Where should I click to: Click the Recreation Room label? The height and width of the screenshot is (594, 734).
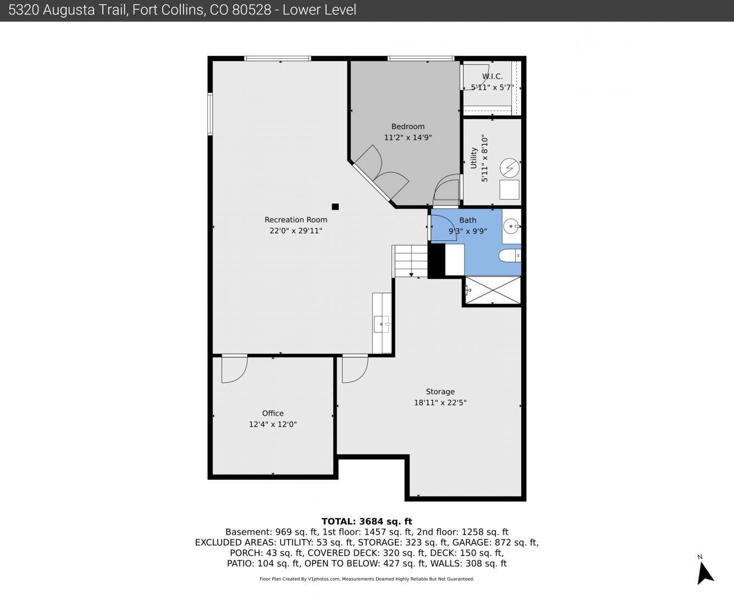(x=296, y=219)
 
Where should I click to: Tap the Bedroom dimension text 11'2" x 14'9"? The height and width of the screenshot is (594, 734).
(x=407, y=137)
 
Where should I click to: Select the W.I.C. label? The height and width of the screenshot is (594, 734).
(x=492, y=76)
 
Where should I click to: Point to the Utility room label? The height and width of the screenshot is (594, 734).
(x=473, y=158)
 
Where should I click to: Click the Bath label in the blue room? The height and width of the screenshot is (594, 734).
(x=468, y=220)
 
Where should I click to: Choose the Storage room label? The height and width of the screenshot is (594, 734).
(x=440, y=391)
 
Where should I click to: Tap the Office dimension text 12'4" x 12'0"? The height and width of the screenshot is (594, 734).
(x=273, y=424)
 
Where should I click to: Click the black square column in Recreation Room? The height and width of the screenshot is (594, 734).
(x=335, y=206)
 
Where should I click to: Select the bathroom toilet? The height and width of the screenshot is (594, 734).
(x=510, y=255)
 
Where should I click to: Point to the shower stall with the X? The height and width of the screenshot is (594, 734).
(x=493, y=290)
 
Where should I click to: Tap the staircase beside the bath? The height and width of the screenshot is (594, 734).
(x=410, y=261)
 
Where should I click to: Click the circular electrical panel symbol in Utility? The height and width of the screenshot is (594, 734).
(x=510, y=168)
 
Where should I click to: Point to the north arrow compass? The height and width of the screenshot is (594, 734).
(x=704, y=573)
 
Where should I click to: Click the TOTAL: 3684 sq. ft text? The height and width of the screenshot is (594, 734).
(x=367, y=521)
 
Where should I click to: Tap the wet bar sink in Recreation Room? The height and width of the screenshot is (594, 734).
(x=382, y=324)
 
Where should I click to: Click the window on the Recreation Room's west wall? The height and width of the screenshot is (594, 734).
(x=210, y=114)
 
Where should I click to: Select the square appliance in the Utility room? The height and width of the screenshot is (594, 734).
(x=510, y=190)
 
